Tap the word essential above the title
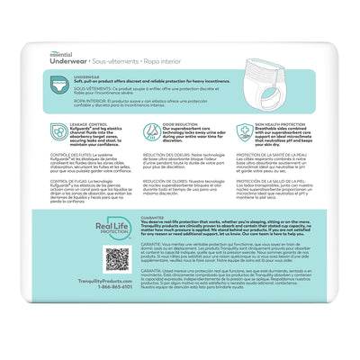click(x=73, y=34)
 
